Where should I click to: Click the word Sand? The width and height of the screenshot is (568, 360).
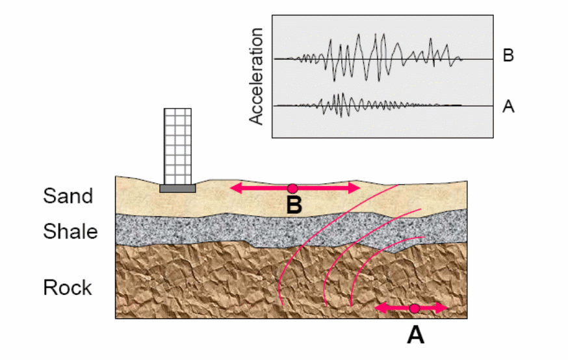tap(68, 196)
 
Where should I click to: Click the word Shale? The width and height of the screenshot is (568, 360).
tap(71, 231)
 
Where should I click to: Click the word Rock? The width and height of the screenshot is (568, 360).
tap(68, 287)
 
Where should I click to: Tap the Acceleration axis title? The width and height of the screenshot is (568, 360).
tap(257, 76)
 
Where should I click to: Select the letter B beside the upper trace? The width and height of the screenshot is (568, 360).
tap(508, 55)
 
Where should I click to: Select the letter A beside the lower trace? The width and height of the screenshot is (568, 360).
tap(508, 107)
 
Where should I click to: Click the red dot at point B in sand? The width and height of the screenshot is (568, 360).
tap(292, 188)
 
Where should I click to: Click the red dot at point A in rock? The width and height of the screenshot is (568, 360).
tap(413, 308)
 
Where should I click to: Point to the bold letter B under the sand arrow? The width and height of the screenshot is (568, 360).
tap(294, 206)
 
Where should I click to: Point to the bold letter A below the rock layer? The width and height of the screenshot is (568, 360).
tap(415, 334)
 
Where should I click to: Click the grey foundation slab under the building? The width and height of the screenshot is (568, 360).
tap(177, 188)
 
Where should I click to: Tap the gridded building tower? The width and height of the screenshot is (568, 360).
tap(177, 146)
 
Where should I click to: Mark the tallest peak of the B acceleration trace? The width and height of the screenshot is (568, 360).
tap(375, 35)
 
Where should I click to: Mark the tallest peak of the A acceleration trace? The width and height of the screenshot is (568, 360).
tap(339, 95)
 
